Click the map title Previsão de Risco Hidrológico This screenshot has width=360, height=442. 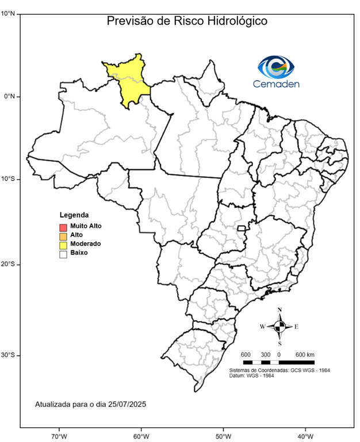pos(187,21)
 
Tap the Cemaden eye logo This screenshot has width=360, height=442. pos(275,67)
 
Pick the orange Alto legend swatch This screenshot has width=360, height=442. pos(63,235)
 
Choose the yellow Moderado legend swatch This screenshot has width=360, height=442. pos(63,244)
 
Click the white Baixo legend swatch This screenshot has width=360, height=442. pos(63,253)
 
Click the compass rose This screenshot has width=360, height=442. pos(279,326)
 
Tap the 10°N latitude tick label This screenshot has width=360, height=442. pos(8,13)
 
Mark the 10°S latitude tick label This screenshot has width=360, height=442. pos(8,180)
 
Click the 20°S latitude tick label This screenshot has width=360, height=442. pos(8,264)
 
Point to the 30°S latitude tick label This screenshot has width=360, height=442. pos(8,355)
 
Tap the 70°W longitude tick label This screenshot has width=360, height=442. pos(59,435)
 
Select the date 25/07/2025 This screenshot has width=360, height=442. pos(127,405)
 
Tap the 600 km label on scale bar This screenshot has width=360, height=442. pos(305,353)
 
